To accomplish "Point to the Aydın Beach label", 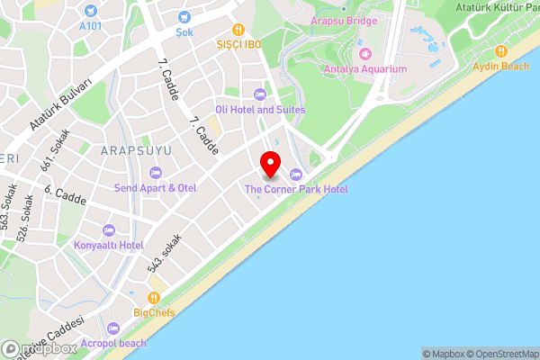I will pyautogui.click(x=502, y=67).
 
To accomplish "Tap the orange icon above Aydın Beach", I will pyautogui.click(x=501, y=50).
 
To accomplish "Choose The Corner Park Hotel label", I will pyautogui.click(x=296, y=189).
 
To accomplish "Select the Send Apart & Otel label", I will pyautogui.click(x=155, y=188).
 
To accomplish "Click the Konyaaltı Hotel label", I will pyautogui.click(x=108, y=245).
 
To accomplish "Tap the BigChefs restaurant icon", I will pyautogui.click(x=155, y=297).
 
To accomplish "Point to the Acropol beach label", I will pyautogui.click(x=113, y=343).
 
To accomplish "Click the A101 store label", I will pyautogui.click(x=89, y=26).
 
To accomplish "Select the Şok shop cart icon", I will pyautogui.click(x=184, y=16).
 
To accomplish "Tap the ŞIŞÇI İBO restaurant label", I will pyautogui.click(x=237, y=44).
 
